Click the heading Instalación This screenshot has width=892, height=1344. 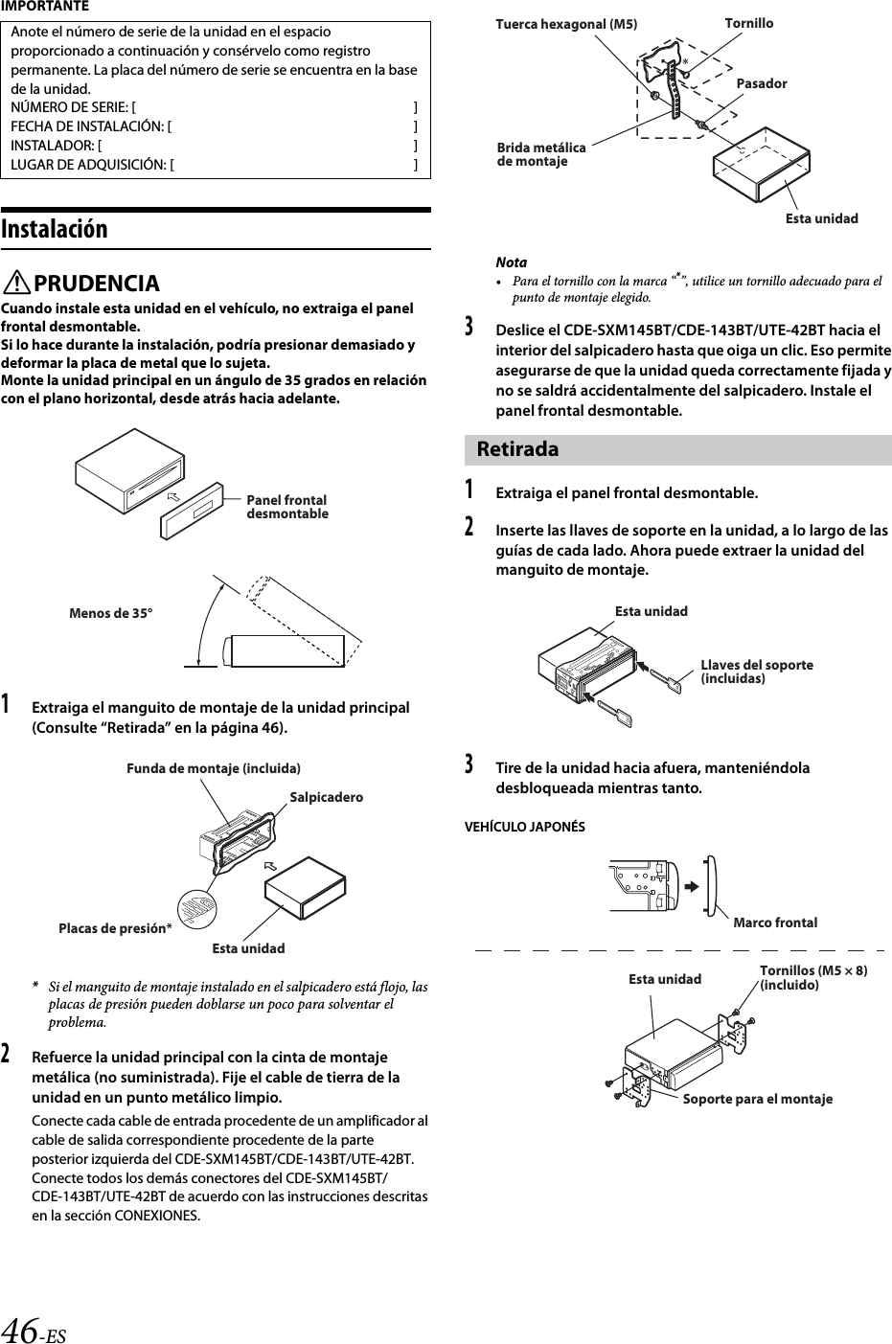pyautogui.click(x=55, y=230)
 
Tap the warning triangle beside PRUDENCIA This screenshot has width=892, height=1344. pyautogui.click(x=18, y=285)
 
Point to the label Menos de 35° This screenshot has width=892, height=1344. pyautogui.click(x=110, y=613)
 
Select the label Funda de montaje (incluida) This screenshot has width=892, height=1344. pyautogui.click(x=213, y=768)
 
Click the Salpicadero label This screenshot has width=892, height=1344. pyautogui.click(x=326, y=797)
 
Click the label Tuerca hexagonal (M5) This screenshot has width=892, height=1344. pyautogui.click(x=565, y=24)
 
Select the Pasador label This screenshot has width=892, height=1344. pyautogui.click(x=762, y=83)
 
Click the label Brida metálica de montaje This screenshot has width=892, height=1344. pyautogui.click(x=541, y=154)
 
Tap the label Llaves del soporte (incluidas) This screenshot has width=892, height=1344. pyautogui.click(x=757, y=672)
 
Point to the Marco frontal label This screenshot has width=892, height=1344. pyautogui.click(x=775, y=923)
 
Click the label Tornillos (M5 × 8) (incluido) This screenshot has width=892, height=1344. pyautogui.click(x=813, y=977)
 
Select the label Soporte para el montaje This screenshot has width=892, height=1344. pyautogui.click(x=757, y=1099)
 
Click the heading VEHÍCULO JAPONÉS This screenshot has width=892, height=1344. pyautogui.click(x=524, y=827)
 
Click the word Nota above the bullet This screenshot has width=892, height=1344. pyautogui.click(x=511, y=262)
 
